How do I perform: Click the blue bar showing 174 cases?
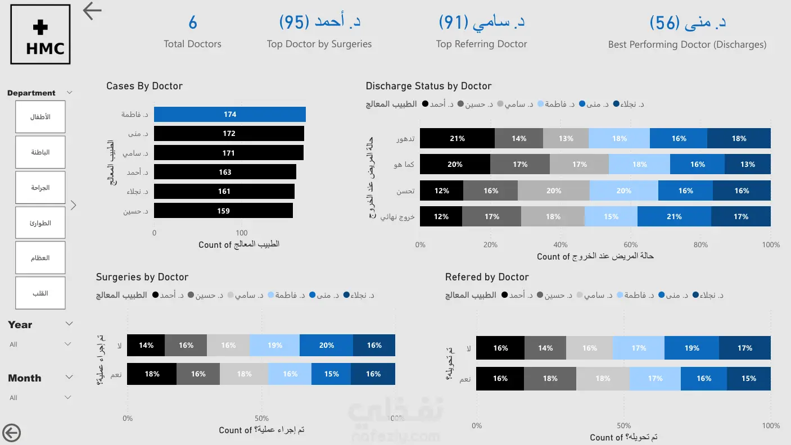(x=230, y=114)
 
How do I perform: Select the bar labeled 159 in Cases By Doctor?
(x=223, y=211)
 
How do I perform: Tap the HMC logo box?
(x=40, y=34)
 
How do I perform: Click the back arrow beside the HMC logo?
(x=92, y=11)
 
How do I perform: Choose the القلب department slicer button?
(x=40, y=293)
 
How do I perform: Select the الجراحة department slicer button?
(x=40, y=188)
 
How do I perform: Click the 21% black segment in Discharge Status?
(x=457, y=138)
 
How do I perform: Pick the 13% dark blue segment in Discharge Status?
(x=748, y=164)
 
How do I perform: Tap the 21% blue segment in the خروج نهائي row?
(x=674, y=216)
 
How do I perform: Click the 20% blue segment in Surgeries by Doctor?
(x=326, y=345)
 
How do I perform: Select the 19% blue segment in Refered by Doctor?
(x=691, y=348)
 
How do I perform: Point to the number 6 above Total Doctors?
(x=193, y=22)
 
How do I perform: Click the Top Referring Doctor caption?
(x=481, y=44)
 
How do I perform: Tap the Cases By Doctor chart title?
(x=144, y=86)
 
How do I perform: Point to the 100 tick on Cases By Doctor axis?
(x=242, y=233)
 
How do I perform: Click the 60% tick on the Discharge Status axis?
(x=630, y=244)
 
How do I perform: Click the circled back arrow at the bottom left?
(x=12, y=433)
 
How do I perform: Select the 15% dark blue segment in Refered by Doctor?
(x=749, y=378)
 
